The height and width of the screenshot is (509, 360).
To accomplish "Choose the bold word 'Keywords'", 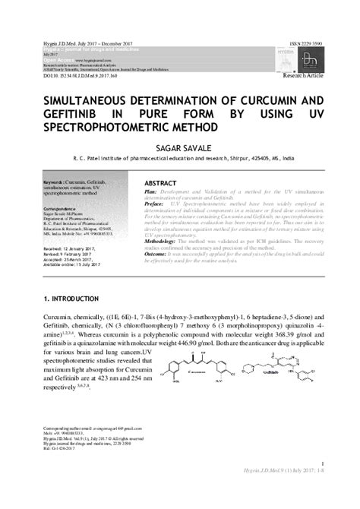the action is click(55, 182).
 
